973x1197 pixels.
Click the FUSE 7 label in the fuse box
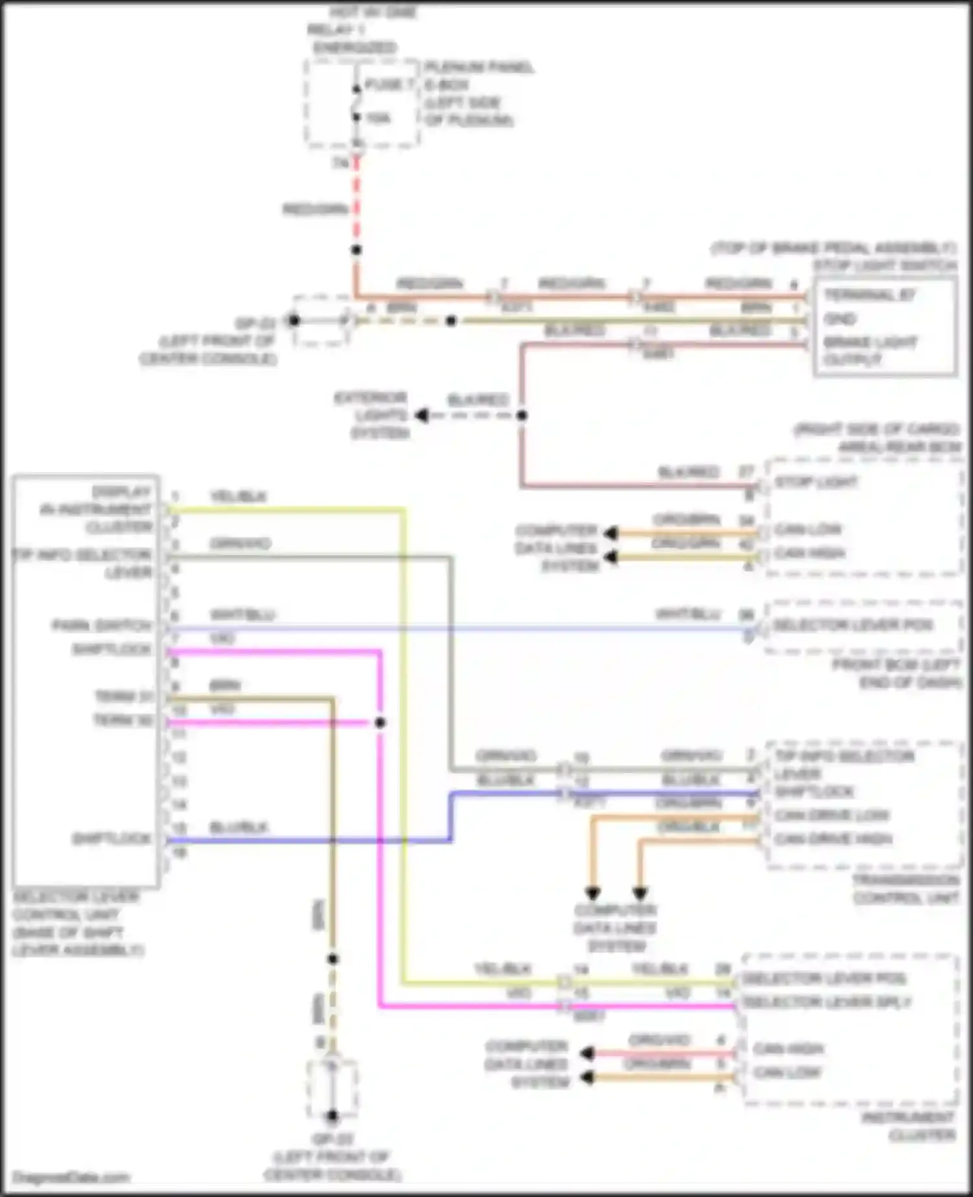click(x=389, y=85)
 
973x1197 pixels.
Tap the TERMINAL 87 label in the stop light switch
click(x=869, y=296)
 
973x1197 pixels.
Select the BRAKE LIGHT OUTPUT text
click(x=870, y=350)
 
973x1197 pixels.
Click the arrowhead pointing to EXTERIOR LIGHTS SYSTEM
click(x=422, y=415)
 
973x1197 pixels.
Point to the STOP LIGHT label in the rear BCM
click(x=816, y=482)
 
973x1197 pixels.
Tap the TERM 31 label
click(x=123, y=696)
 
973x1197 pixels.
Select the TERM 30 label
click(x=123, y=720)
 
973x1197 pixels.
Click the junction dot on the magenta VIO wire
click(x=380, y=722)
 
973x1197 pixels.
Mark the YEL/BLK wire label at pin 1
click(x=238, y=497)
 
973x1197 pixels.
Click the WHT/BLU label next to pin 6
click(x=242, y=615)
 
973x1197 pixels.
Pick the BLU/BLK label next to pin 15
click(x=238, y=827)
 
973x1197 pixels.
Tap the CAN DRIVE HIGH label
click(x=833, y=839)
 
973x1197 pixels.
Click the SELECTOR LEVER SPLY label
click(x=826, y=1002)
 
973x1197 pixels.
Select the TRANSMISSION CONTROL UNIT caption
click(x=906, y=889)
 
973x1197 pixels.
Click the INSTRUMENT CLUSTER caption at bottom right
click(x=908, y=1126)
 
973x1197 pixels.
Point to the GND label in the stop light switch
click(x=840, y=319)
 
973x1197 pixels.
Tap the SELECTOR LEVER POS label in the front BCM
click(x=852, y=626)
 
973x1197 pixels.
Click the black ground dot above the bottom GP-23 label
click(x=332, y=1116)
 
